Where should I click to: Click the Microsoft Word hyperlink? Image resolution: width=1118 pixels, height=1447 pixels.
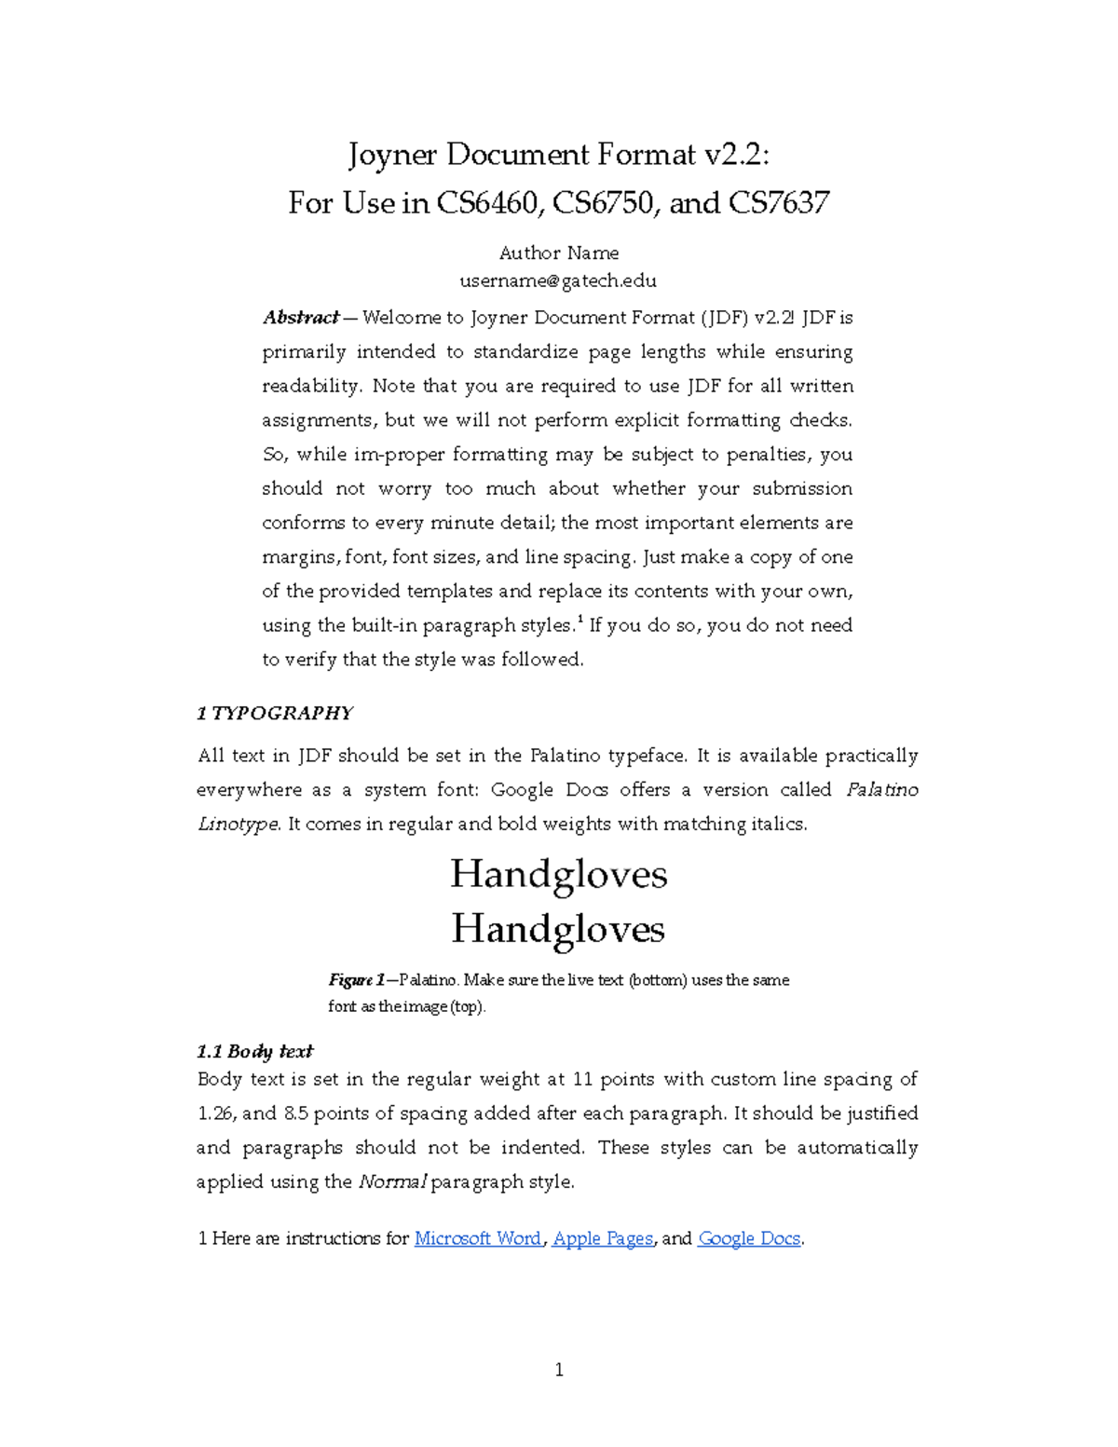[477, 1238]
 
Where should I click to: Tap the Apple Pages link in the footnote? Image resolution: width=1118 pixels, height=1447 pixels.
[603, 1238]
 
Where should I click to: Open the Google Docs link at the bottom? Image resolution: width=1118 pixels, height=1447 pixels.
[749, 1238]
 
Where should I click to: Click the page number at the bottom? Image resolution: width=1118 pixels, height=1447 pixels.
[559, 1369]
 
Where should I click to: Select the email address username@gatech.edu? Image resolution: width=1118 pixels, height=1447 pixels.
[558, 280]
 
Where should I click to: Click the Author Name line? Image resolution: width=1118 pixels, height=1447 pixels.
[559, 253]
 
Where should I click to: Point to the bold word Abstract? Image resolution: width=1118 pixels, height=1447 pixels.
[301, 318]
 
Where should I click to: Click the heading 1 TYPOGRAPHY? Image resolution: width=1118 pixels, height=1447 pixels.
[275, 713]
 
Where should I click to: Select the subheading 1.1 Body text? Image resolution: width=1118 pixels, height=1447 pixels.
[254, 1051]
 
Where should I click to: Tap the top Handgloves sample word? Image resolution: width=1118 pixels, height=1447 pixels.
[559, 874]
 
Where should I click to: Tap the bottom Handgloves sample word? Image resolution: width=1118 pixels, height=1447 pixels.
[558, 929]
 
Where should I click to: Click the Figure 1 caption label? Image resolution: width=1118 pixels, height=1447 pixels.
[357, 980]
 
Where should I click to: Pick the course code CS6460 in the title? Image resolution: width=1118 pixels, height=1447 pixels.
[489, 202]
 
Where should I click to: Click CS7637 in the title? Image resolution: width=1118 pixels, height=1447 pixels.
[778, 202]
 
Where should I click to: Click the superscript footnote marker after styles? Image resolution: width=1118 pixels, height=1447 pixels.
[580, 620]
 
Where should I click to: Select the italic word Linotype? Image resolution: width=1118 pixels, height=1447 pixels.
[238, 825]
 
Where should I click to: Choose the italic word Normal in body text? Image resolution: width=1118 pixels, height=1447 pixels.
[392, 1182]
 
